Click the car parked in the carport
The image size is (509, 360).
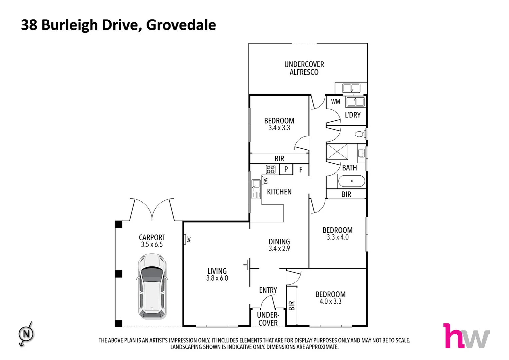(x=152, y=286)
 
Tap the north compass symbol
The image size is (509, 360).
(x=26, y=334)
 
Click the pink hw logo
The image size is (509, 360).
(x=466, y=336)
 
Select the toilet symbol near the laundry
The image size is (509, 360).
(x=359, y=134)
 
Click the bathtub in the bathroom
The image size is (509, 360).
(x=351, y=181)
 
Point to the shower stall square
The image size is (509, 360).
(x=337, y=152)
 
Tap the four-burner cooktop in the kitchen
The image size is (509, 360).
(x=270, y=169)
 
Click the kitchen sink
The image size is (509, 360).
(x=256, y=189)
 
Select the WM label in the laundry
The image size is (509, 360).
(x=335, y=102)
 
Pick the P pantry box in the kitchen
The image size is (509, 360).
(x=286, y=169)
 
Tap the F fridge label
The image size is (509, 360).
(x=300, y=170)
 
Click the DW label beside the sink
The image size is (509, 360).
(x=265, y=181)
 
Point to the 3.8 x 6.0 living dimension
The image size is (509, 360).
(x=217, y=278)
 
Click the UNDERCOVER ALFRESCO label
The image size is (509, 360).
(x=304, y=68)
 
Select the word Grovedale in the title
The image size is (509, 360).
(x=181, y=25)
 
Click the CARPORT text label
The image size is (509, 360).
(x=152, y=237)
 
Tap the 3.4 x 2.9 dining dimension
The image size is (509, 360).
(x=279, y=249)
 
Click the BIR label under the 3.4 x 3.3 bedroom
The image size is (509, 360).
(x=279, y=159)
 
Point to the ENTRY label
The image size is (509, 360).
(x=268, y=290)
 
